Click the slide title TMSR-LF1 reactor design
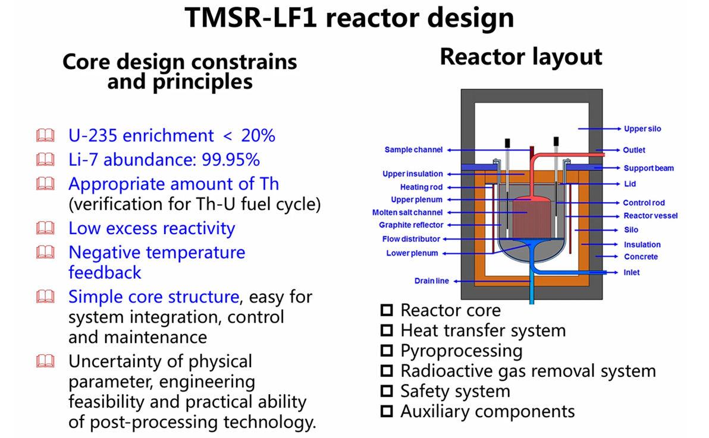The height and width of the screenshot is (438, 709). (x=349, y=18)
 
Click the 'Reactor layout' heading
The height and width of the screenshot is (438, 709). (x=521, y=58)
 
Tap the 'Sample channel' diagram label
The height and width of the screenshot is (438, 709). (x=413, y=150)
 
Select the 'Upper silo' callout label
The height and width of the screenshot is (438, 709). (x=642, y=129)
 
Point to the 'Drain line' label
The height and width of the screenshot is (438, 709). (x=431, y=281)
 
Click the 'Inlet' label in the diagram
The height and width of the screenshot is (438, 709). (x=631, y=273)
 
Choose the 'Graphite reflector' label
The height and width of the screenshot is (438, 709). (x=411, y=225)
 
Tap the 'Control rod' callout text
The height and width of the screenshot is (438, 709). (x=644, y=203)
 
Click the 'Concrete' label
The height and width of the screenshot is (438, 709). (x=641, y=257)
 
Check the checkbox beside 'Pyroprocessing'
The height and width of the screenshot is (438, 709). (x=387, y=350)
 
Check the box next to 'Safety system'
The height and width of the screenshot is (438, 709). (x=387, y=390)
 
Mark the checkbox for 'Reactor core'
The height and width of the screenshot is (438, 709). (x=387, y=310)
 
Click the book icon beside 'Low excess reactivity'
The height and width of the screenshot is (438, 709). (x=45, y=228)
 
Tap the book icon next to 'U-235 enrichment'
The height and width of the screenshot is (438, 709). (x=45, y=135)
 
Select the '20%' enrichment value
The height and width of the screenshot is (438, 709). (x=258, y=136)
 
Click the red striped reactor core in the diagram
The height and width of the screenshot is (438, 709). (x=531, y=219)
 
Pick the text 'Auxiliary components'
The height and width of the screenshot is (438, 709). (x=488, y=411)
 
